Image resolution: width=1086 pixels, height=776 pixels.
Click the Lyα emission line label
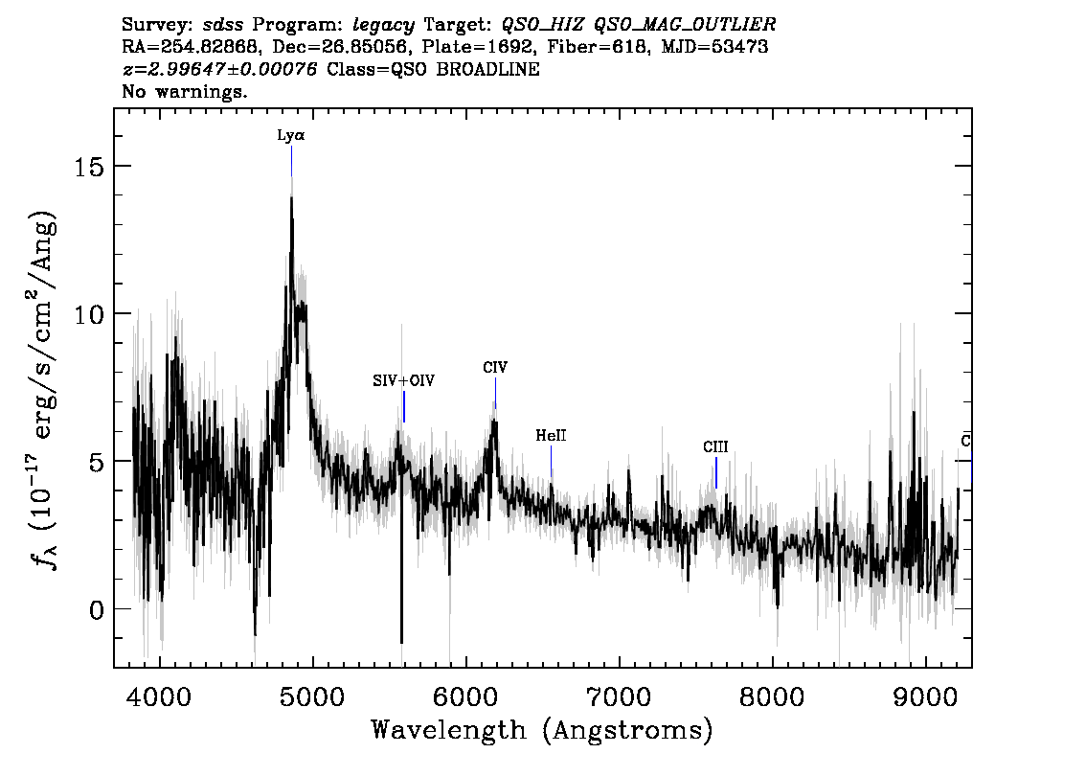tap(291, 135)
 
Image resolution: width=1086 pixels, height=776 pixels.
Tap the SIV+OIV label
tap(404, 380)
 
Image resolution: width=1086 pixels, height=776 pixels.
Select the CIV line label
tap(495, 367)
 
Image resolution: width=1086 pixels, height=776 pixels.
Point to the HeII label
tap(551, 435)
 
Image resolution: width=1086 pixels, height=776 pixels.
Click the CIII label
tap(715, 446)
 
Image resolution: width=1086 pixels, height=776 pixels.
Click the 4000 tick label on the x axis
tap(160, 696)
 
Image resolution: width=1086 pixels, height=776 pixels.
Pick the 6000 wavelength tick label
tap(465, 696)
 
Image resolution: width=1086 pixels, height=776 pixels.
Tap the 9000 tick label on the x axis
tap(924, 696)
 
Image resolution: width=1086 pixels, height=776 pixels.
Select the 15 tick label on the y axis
tap(90, 167)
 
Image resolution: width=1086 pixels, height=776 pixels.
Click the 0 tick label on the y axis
tap(98, 609)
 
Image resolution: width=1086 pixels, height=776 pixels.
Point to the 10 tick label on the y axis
tap(90, 314)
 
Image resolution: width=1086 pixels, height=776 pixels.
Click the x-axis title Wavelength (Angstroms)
tap(542, 730)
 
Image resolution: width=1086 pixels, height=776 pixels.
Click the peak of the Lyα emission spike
tap(291, 196)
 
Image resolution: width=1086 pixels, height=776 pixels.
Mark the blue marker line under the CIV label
tap(495, 393)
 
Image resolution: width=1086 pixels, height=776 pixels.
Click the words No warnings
tap(184, 91)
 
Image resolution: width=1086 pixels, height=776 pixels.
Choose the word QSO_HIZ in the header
tap(543, 25)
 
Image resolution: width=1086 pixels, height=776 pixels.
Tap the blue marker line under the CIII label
tap(715, 472)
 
